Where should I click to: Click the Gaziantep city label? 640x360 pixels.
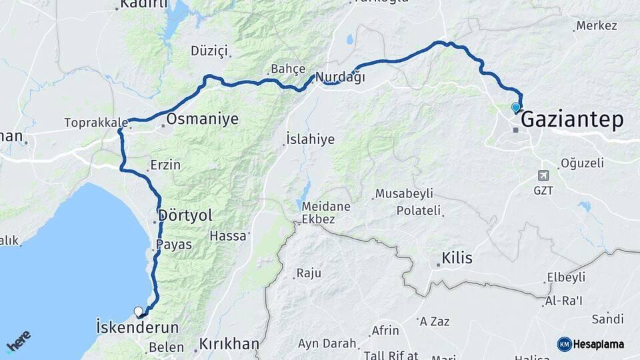coord(572,120)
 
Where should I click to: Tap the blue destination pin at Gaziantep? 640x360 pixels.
coord(515,107)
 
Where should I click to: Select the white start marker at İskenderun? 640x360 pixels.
coord(139,311)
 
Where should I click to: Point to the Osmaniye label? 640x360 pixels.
coord(202,119)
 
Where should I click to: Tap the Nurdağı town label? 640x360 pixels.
coord(340,77)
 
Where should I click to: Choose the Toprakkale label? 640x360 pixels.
coord(96,123)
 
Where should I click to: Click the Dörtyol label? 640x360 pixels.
coord(185,216)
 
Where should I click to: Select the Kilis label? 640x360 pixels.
coord(457,258)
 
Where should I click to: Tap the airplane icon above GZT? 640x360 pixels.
coord(543,175)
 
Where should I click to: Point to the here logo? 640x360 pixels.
coord(18,341)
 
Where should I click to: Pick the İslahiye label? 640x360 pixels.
coord(310,139)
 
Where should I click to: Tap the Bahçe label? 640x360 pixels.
coord(288,69)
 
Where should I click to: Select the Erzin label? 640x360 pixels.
coord(165,165)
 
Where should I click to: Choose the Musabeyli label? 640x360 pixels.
coord(404,194)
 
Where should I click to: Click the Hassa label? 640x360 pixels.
coord(228,235)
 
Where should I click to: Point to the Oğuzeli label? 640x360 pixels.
coord(581,163)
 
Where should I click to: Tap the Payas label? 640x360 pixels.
coord(174,245)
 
